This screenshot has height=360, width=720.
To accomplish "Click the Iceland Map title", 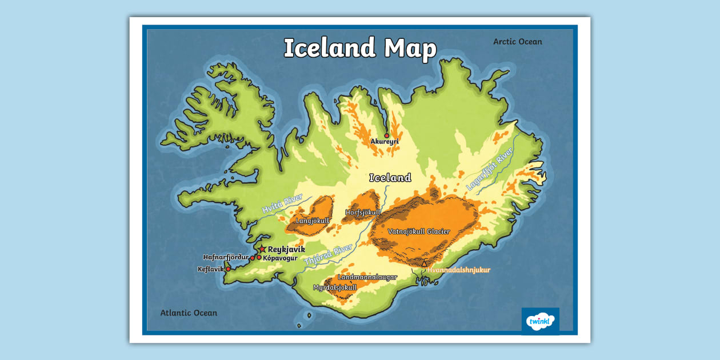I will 360,48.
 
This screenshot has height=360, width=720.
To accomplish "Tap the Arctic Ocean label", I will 517,42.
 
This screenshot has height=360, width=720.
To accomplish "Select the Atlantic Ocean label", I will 189,313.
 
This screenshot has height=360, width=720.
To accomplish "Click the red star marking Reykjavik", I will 262,249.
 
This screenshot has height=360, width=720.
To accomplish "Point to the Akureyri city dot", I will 387,135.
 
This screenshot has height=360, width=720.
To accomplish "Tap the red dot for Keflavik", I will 228,269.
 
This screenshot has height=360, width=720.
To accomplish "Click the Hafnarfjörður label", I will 226,257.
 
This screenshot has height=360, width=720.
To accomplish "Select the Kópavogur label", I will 281,258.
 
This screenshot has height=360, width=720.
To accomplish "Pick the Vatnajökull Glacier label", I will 419,231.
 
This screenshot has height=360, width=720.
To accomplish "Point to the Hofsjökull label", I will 363,213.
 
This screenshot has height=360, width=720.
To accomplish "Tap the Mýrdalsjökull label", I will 335,287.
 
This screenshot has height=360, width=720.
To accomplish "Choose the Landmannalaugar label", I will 367,277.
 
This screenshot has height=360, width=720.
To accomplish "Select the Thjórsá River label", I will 328,255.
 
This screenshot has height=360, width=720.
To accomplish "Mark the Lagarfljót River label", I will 489,172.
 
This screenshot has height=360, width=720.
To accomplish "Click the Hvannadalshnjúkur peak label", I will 459,270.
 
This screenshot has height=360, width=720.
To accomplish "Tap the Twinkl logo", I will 540,321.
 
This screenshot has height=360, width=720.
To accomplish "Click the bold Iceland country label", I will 390,178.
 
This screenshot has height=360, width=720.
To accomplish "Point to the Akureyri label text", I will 385,142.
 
